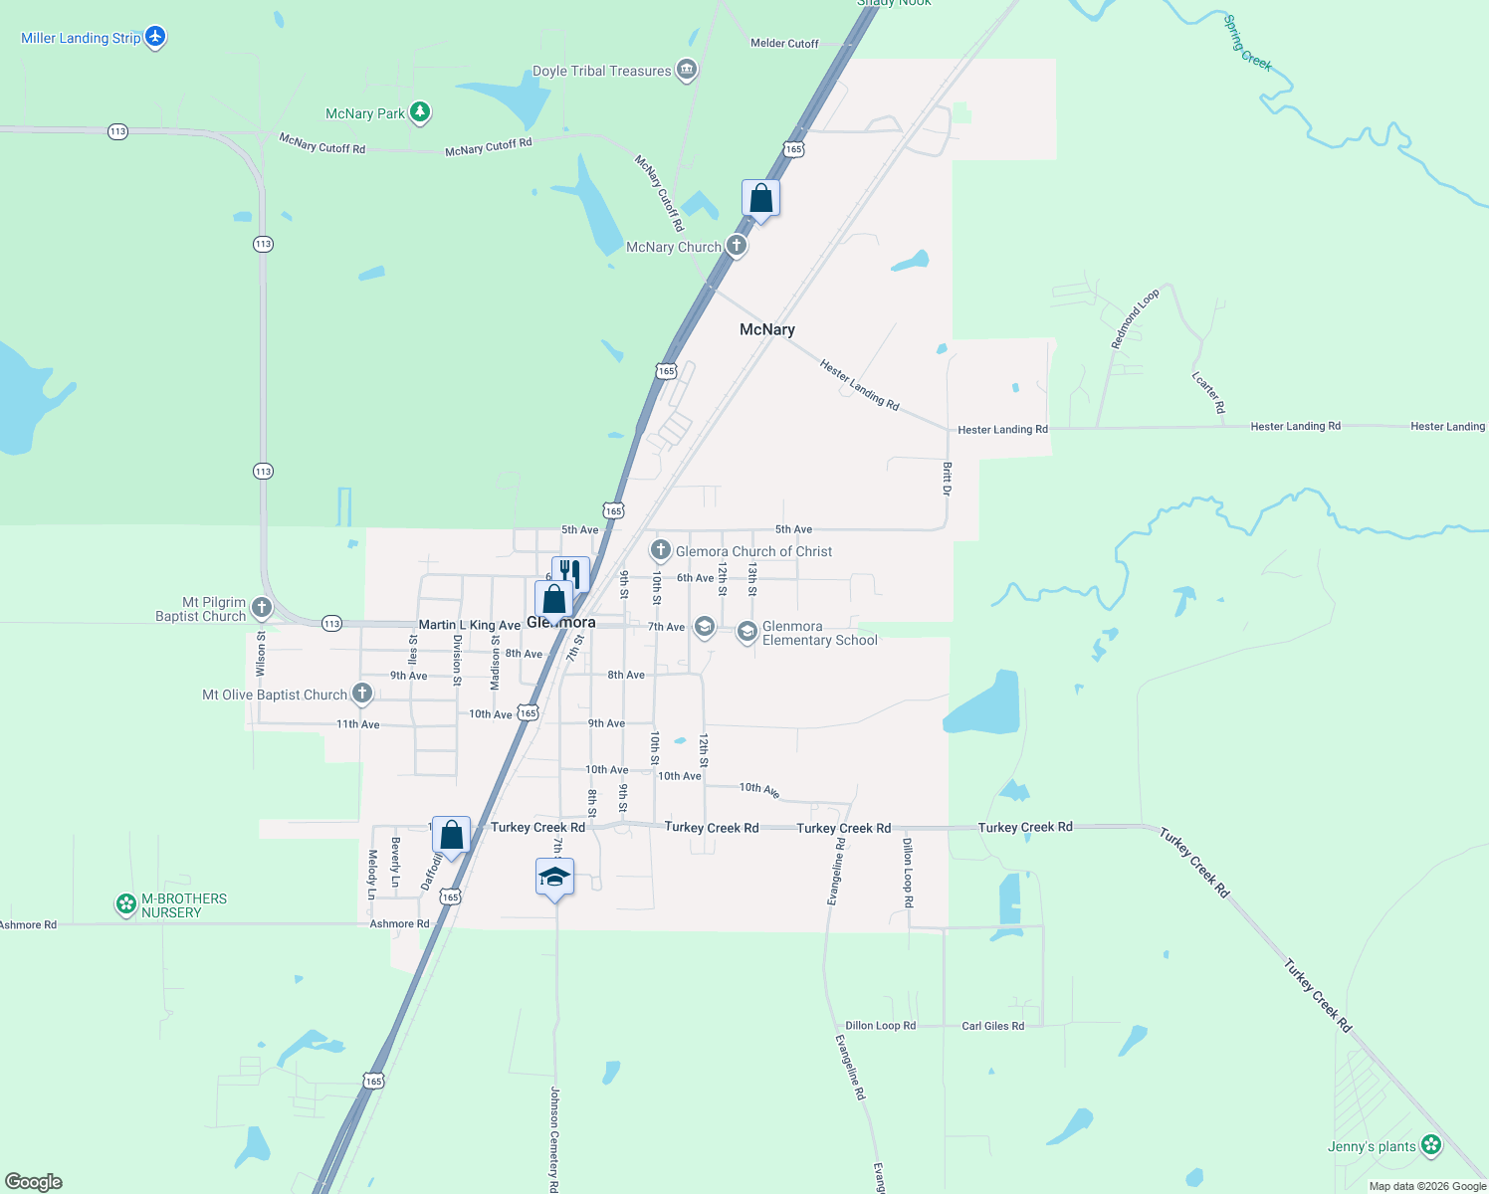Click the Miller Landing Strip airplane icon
pyautogui.click(x=155, y=37)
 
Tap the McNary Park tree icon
pyautogui.click(x=420, y=112)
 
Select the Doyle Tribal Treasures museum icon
pyautogui.click(x=686, y=70)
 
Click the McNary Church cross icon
pyautogui.click(x=737, y=246)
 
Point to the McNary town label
pyautogui.click(x=766, y=329)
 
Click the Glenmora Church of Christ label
pyautogui.click(x=753, y=551)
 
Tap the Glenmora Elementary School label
pyautogui.click(x=819, y=633)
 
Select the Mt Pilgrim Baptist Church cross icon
pyautogui.click(x=262, y=607)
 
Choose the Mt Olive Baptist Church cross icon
pyautogui.click(x=362, y=694)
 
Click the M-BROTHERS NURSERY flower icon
pyautogui.click(x=126, y=903)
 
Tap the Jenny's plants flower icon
pyautogui.click(x=1431, y=1145)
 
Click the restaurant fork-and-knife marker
pyautogui.click(x=570, y=574)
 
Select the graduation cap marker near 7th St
pyautogui.click(x=554, y=878)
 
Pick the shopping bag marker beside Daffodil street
pyautogui.click(x=451, y=835)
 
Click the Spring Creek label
pyautogui.click(x=1247, y=43)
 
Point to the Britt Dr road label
pyautogui.click(x=947, y=479)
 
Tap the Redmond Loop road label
pyautogui.click(x=1135, y=318)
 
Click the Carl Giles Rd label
pyautogui.click(x=992, y=1026)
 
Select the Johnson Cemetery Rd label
pyautogui.click(x=554, y=1139)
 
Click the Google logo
pyautogui.click(x=34, y=1181)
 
